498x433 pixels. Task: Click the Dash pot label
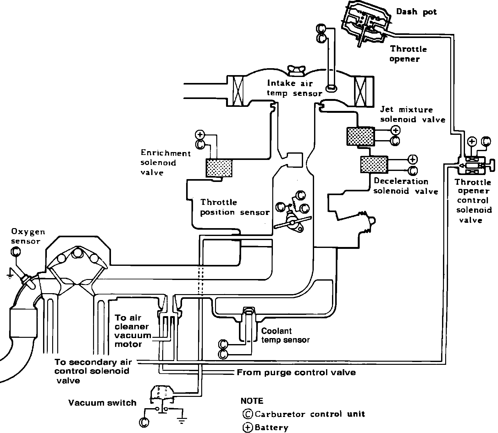pos(416,12)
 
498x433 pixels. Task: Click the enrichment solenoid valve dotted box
pos(219,168)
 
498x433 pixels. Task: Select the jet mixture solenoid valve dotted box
pos(360,136)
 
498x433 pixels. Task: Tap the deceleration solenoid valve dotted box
pos(374,164)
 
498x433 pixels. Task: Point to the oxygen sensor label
pos(28,237)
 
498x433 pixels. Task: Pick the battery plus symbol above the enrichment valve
pos(200,134)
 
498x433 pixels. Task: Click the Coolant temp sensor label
pos(285,335)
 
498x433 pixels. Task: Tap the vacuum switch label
pos(102,403)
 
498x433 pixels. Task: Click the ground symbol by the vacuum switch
pos(182,420)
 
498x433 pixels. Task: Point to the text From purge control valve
pos(296,373)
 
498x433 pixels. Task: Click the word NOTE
pos(252,401)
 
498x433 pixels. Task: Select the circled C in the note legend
pos(248,414)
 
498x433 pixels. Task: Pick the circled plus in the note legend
pos(248,428)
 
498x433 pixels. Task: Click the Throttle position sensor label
pos(235,207)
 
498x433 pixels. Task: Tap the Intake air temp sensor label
pos(294,88)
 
